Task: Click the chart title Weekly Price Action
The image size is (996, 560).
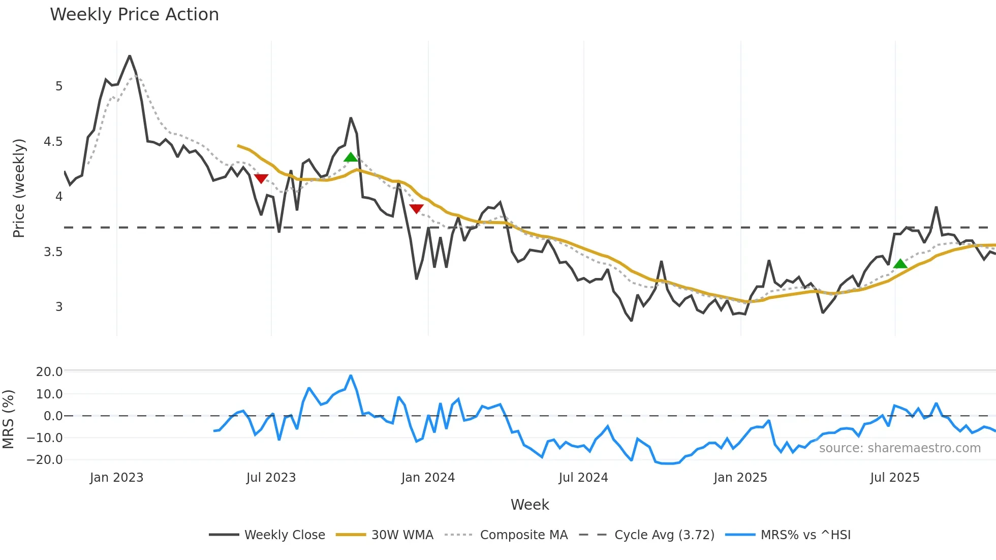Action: click(x=134, y=15)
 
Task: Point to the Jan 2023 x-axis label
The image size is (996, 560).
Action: click(x=117, y=478)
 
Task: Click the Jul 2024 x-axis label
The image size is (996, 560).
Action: click(x=583, y=478)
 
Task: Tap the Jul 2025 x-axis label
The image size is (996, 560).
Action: click(x=895, y=478)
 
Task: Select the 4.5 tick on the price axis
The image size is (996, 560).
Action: click(x=53, y=142)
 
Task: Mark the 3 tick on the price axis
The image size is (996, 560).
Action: click(x=59, y=307)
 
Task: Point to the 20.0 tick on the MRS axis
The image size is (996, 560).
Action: click(x=49, y=372)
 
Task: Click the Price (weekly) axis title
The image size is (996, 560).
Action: click(x=19, y=188)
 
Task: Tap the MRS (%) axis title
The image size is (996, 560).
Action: click(x=8, y=419)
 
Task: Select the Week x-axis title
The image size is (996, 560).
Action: click(x=530, y=505)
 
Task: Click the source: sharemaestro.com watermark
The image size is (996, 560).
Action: click(x=899, y=448)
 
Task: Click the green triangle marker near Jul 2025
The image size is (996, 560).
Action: click(x=900, y=264)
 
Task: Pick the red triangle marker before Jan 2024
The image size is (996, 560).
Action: click(x=416, y=209)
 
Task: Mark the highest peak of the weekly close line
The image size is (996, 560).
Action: click(x=130, y=56)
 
